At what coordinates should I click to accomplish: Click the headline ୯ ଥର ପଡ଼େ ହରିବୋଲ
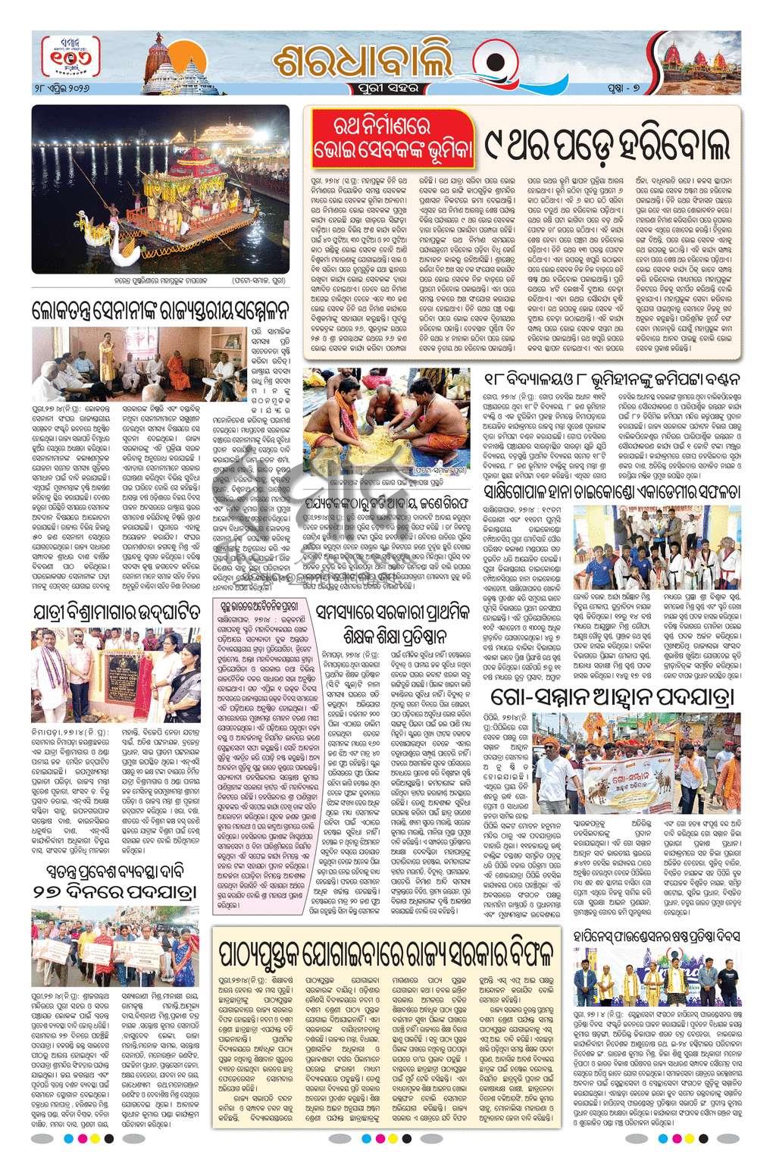pyautogui.click(x=609, y=142)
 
